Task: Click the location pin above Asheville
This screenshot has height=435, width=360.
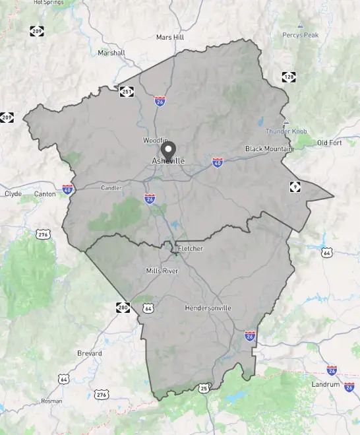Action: (169, 149)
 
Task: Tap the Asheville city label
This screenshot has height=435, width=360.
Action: (169, 161)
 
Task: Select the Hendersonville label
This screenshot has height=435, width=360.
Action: (207, 308)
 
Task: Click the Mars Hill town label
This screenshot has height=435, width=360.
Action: (169, 38)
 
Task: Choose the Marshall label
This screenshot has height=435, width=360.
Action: (111, 53)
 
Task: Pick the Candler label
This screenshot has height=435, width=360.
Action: (111, 188)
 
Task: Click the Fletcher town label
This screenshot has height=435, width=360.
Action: (191, 248)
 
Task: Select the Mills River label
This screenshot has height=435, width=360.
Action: (162, 271)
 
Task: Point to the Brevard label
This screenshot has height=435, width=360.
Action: (90, 353)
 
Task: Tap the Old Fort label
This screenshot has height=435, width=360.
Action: (330, 143)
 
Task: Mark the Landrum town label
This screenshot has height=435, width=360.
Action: (326, 384)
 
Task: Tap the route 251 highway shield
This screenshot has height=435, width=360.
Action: (127, 92)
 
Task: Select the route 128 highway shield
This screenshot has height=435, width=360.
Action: (288, 77)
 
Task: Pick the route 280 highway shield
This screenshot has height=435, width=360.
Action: (123, 307)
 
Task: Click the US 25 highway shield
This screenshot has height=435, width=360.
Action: (204, 388)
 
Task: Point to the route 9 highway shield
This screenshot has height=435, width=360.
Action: (295, 187)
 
